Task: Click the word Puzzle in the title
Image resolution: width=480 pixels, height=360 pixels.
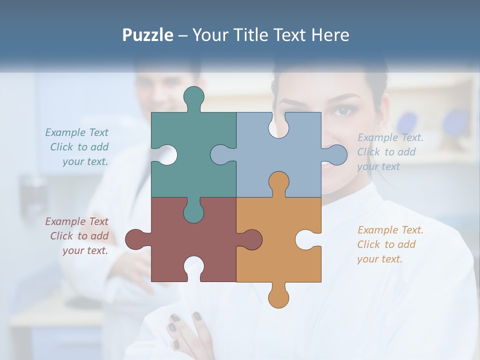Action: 147,35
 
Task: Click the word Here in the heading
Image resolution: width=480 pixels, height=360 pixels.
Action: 330,35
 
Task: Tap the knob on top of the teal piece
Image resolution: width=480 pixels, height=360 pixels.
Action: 193,97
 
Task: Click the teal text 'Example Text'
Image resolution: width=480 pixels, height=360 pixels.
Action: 76,132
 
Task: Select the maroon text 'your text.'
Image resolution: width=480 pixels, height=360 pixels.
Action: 85,250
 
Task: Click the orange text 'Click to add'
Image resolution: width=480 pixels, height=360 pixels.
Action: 386,244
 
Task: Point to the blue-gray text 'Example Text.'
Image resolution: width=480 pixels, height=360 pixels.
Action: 390,137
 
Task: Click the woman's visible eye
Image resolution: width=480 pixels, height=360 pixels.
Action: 343,110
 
